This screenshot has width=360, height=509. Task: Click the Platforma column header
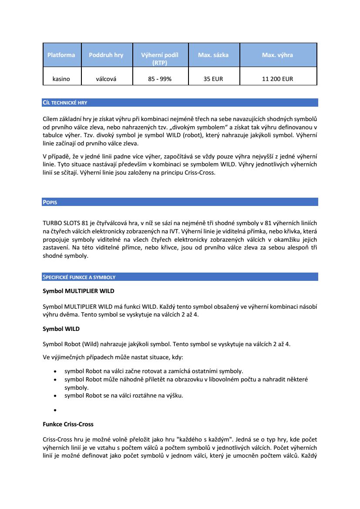[x=61, y=55]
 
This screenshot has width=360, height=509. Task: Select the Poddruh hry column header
[x=106, y=55]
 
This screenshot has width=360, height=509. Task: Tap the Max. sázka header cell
[x=213, y=55]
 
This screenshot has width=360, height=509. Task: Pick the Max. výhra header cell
[x=277, y=55]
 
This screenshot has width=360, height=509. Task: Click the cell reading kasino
[x=61, y=79]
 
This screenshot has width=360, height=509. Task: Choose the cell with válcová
[x=106, y=79]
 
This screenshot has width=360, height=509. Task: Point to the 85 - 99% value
[x=160, y=79]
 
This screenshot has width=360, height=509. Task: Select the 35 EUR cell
[x=213, y=79]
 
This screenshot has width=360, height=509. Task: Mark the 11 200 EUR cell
[x=277, y=79]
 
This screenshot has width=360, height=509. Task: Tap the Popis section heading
[x=50, y=202]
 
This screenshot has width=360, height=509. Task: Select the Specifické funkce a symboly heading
[x=79, y=277]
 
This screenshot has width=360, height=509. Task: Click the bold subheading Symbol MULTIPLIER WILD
[x=78, y=290]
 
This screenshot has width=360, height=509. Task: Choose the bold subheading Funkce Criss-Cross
[x=68, y=424]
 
